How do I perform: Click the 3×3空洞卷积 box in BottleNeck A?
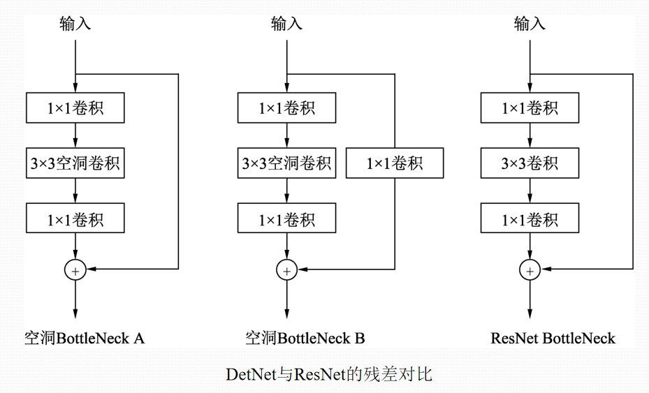tap(75, 163)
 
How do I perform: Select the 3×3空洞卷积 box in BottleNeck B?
tap(286, 163)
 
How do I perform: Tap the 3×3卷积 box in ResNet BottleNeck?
tap(530, 163)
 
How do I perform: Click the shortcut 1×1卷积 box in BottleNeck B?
tap(395, 163)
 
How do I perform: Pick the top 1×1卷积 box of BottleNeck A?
tap(75, 108)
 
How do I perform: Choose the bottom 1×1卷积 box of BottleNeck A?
tap(75, 219)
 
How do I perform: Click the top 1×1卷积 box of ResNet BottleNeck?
tap(530, 108)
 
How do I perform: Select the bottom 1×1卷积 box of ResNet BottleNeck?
tap(530, 219)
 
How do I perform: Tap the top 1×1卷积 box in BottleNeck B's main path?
tap(286, 108)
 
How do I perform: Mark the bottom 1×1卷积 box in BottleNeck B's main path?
tap(286, 219)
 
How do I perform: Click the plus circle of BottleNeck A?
tap(75, 269)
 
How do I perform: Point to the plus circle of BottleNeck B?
tap(286, 269)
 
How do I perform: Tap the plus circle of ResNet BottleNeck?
tap(530, 269)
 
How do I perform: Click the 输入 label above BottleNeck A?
tap(75, 24)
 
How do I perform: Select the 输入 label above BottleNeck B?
tap(286, 24)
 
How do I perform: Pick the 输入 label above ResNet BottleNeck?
tap(530, 24)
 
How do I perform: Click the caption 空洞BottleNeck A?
tap(85, 339)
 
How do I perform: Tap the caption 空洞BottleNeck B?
tap(305, 339)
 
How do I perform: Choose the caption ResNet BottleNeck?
tap(553, 339)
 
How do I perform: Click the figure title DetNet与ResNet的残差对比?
tap(329, 374)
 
